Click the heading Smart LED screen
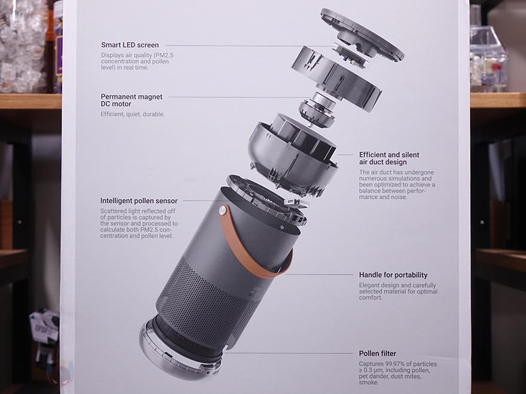pyautogui.click(x=130, y=45)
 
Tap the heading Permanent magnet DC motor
pyautogui.click(x=131, y=100)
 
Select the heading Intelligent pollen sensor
pyautogui.click(x=139, y=201)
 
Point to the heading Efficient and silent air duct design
pyautogui.click(x=389, y=158)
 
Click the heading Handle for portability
pyautogui.click(x=393, y=275)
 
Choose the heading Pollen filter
pyautogui.click(x=377, y=353)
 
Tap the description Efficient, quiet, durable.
pyautogui.click(x=133, y=114)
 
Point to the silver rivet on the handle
pyautogui.click(x=223, y=210)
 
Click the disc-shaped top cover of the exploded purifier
pyautogui.click(x=363, y=35)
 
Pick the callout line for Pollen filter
pyautogui.click(x=289, y=353)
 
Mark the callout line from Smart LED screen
pyautogui.click(x=250, y=45)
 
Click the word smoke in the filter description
pyautogui.click(x=368, y=382)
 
